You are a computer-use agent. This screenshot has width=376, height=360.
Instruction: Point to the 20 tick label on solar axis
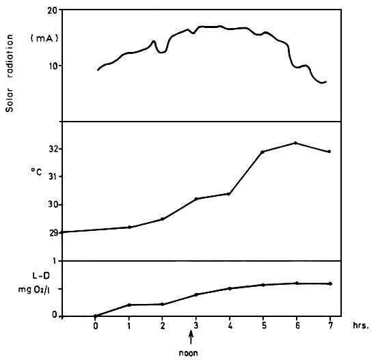coord(51,12)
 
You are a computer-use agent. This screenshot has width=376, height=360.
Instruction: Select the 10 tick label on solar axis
coord(52,66)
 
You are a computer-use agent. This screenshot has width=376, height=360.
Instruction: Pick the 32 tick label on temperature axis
coord(52,150)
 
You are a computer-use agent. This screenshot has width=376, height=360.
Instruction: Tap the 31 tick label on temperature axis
coord(52,177)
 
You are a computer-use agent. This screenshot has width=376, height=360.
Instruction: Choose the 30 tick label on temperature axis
coord(52,205)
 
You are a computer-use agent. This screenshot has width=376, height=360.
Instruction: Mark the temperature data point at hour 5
coord(263,152)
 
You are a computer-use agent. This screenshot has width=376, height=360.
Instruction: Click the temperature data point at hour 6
coord(295,143)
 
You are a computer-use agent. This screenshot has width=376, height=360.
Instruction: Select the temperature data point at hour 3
coord(196,199)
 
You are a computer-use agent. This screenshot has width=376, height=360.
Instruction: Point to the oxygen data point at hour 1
coord(129,305)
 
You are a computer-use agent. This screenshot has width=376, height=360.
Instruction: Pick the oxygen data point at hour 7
coord(330,283)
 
